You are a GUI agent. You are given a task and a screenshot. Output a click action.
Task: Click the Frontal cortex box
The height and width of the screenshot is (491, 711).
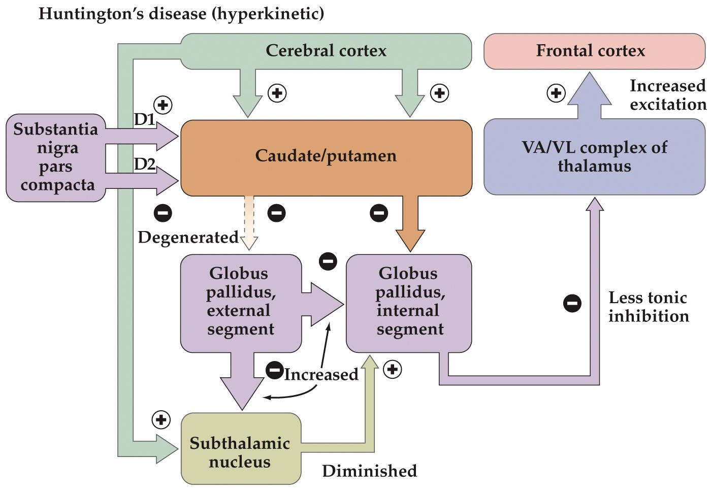590,51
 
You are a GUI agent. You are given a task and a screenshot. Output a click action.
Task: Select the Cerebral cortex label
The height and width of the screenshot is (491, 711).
326,51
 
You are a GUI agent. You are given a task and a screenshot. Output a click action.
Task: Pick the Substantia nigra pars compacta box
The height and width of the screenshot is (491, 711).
55,157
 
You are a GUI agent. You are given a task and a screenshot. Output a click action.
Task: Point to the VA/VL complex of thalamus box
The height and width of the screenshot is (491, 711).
594,156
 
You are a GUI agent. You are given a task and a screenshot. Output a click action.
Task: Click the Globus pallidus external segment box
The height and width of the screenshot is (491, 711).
240,302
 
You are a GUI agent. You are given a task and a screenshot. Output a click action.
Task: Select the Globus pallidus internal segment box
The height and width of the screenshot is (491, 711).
409,302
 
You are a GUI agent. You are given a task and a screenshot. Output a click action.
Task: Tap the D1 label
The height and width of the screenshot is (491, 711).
144,119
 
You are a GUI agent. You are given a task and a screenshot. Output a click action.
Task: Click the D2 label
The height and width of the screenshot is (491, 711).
145,164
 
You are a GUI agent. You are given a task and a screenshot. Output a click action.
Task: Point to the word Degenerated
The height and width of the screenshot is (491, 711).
188,237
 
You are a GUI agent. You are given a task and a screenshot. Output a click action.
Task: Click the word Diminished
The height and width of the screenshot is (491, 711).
369,471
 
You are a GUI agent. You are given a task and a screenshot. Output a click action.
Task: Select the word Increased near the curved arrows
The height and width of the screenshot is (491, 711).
321,375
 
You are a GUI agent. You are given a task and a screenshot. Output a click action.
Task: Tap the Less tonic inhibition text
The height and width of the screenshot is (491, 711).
648,307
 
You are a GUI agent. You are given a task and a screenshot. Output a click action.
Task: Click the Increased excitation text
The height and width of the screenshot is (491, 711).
667,95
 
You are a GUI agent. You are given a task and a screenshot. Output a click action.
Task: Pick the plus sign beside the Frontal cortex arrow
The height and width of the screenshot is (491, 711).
556,93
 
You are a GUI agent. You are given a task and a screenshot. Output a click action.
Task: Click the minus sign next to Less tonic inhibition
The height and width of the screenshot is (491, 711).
572,303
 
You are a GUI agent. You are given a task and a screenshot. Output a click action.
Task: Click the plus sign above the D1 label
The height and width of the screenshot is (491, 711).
163,105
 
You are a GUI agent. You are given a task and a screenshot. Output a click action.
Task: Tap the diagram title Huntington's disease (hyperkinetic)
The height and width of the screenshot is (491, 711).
181,13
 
